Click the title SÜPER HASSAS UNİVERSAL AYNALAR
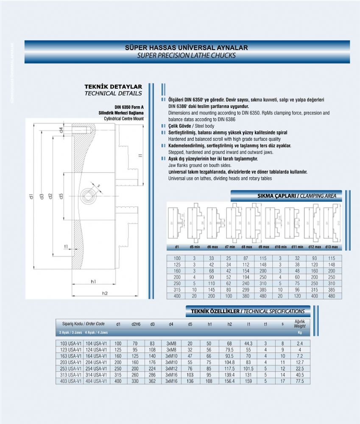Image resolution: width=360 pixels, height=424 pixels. [187, 48]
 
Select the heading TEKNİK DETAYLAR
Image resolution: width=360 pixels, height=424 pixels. [113, 86]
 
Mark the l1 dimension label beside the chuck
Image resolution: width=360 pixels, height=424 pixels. [140, 157]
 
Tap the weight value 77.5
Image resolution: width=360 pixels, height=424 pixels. [299, 381]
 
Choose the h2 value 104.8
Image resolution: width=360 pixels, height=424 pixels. [229, 362]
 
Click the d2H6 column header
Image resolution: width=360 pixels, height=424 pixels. [136, 324]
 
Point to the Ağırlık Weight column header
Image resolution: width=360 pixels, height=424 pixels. [300, 324]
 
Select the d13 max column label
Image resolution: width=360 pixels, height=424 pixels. [332, 247]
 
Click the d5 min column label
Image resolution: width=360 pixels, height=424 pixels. [195, 247]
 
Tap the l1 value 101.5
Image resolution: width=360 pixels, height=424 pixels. [248, 368]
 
